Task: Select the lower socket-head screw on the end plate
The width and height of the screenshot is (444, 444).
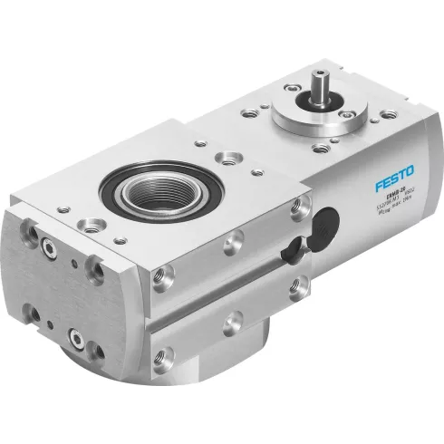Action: coord(78,342)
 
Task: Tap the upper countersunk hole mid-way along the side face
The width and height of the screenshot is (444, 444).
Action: coord(234,241)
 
